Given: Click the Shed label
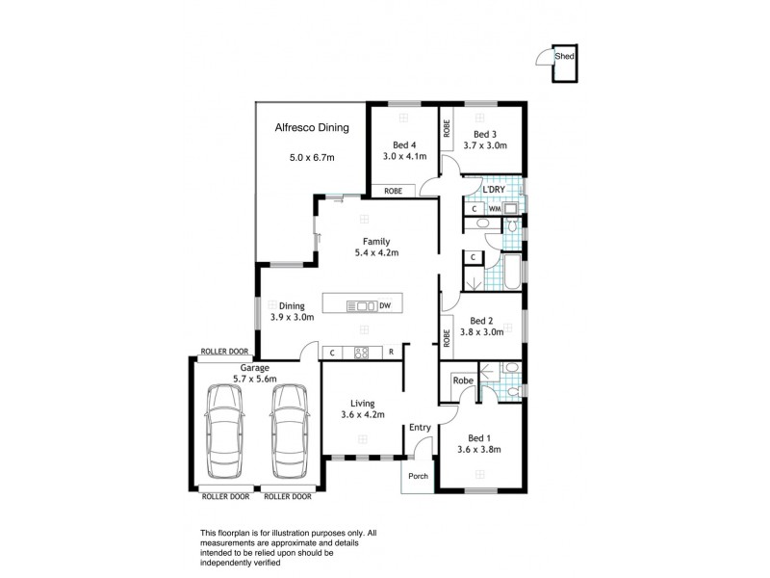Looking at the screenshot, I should [565, 57].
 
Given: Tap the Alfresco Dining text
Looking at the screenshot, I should [311, 127].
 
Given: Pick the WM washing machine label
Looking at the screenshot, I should [494, 208].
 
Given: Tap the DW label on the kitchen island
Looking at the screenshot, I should [385, 306].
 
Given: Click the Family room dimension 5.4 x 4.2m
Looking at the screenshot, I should [374, 253].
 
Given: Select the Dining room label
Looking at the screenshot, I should [292, 306].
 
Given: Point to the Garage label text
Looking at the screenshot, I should [254, 368].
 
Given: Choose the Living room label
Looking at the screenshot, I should [364, 403].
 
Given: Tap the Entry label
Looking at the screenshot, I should [420, 427].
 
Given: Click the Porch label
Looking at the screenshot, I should [418, 475].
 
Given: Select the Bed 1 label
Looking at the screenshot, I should [478, 435].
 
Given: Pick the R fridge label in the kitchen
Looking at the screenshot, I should [392, 353].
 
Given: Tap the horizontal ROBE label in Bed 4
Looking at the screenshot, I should [393, 191].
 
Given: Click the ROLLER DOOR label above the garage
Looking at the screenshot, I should [224, 352].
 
